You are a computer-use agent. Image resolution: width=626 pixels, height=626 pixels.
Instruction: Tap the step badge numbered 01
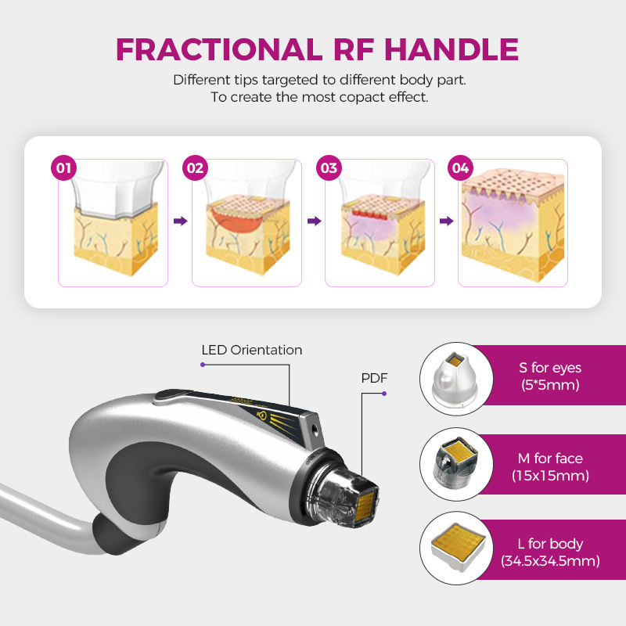(x=63, y=167)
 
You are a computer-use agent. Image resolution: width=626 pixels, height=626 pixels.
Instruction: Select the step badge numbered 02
(x=195, y=167)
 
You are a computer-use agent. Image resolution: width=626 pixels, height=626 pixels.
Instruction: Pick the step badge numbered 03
(x=329, y=167)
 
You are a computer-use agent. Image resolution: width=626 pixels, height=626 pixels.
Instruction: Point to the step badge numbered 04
(x=461, y=167)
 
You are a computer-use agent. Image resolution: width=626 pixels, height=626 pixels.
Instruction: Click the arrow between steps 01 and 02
(x=181, y=221)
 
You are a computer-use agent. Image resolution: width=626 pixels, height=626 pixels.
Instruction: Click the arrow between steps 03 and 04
(x=447, y=221)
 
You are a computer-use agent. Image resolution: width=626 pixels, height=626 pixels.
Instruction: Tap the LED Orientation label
(x=251, y=350)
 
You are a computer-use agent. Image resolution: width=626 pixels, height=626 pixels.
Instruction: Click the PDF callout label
(x=374, y=378)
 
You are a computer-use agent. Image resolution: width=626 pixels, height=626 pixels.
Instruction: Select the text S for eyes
(x=550, y=368)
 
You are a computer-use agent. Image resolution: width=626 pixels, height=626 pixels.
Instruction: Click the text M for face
(x=550, y=459)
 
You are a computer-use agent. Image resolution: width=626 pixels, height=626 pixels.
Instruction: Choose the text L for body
(x=550, y=544)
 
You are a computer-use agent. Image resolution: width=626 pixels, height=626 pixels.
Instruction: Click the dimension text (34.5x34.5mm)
(x=550, y=561)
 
